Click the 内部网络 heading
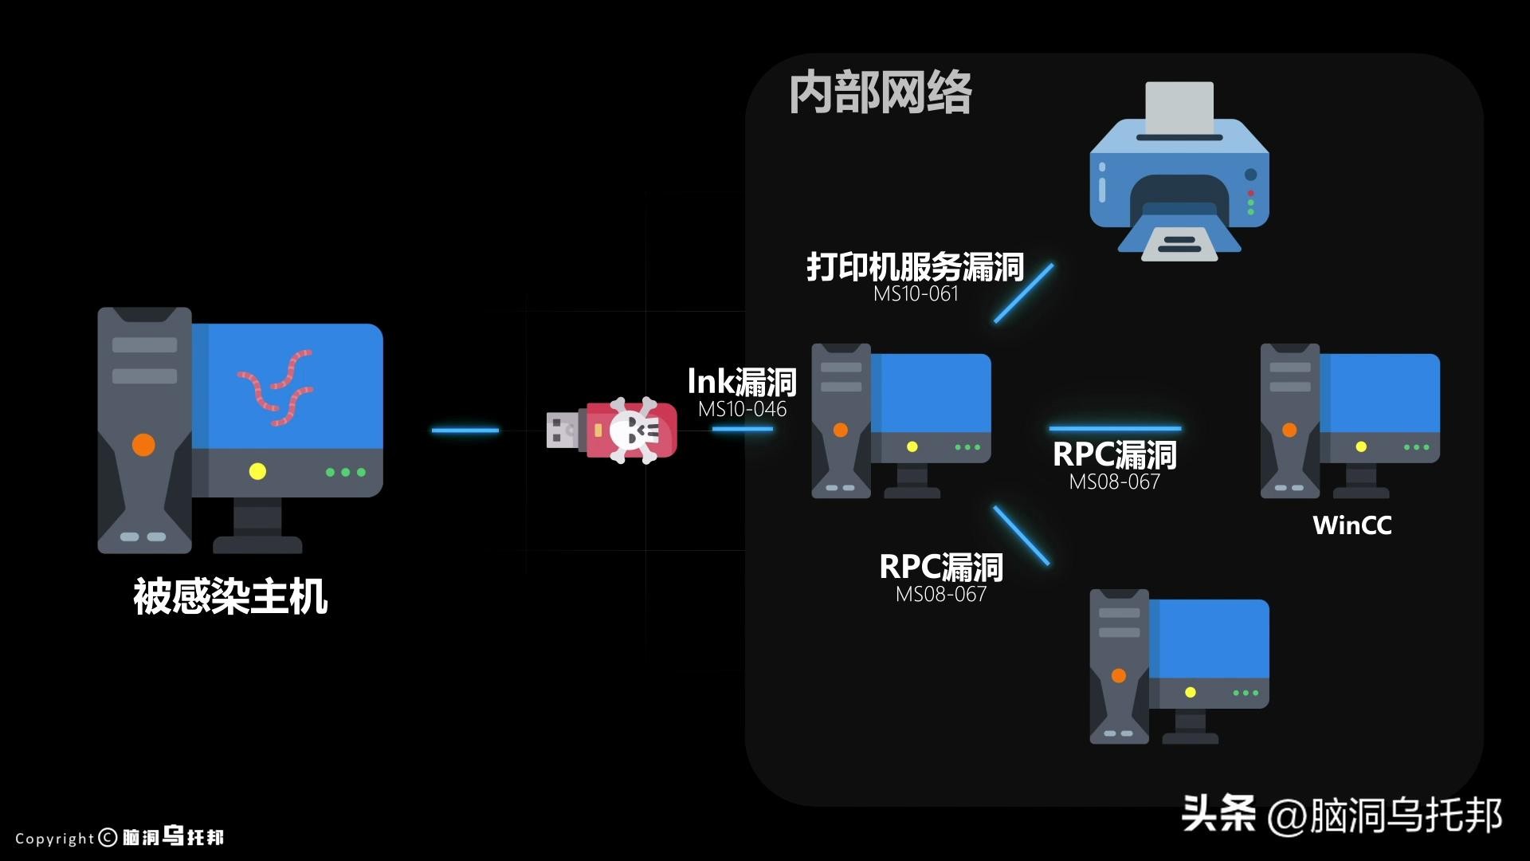pyautogui.click(x=881, y=93)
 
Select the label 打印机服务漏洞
pyautogui.click(x=915, y=267)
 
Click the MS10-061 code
pyautogui.click(x=916, y=294)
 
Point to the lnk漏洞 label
pyautogui.click(x=742, y=382)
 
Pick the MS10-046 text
pyautogui.click(x=742, y=410)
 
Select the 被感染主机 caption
pyautogui.click(x=230, y=596)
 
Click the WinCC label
pyautogui.click(x=1351, y=525)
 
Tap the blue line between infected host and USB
pyautogui.click(x=465, y=431)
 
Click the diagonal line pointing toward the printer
pyautogui.click(x=1023, y=293)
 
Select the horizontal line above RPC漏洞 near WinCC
pyautogui.click(x=1115, y=429)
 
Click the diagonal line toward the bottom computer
pyautogui.click(x=1022, y=536)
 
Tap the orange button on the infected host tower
pyautogui.click(x=143, y=444)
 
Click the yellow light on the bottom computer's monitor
pyautogui.click(x=1190, y=692)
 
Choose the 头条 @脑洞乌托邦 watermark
pyautogui.click(x=1341, y=815)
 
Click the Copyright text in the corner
pyautogui.click(x=54, y=839)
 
